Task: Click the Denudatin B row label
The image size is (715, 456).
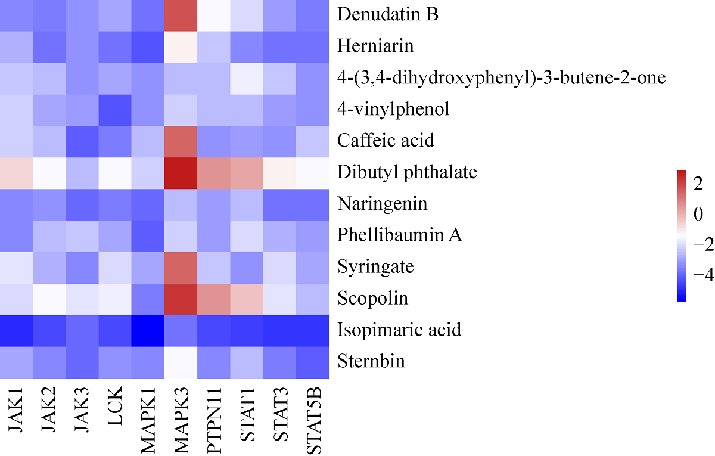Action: (388, 14)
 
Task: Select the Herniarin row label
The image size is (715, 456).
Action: (375, 46)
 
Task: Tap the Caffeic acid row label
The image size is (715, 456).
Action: (386, 141)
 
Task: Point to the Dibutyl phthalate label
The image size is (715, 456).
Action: (407, 172)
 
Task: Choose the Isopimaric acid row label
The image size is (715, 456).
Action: (399, 330)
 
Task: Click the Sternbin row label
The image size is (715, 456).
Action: (371, 361)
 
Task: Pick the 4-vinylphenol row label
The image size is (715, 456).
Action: (393, 109)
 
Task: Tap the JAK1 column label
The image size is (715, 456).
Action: (16, 411)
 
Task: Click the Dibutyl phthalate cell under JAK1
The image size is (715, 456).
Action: (16, 172)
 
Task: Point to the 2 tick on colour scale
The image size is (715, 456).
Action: (699, 185)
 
